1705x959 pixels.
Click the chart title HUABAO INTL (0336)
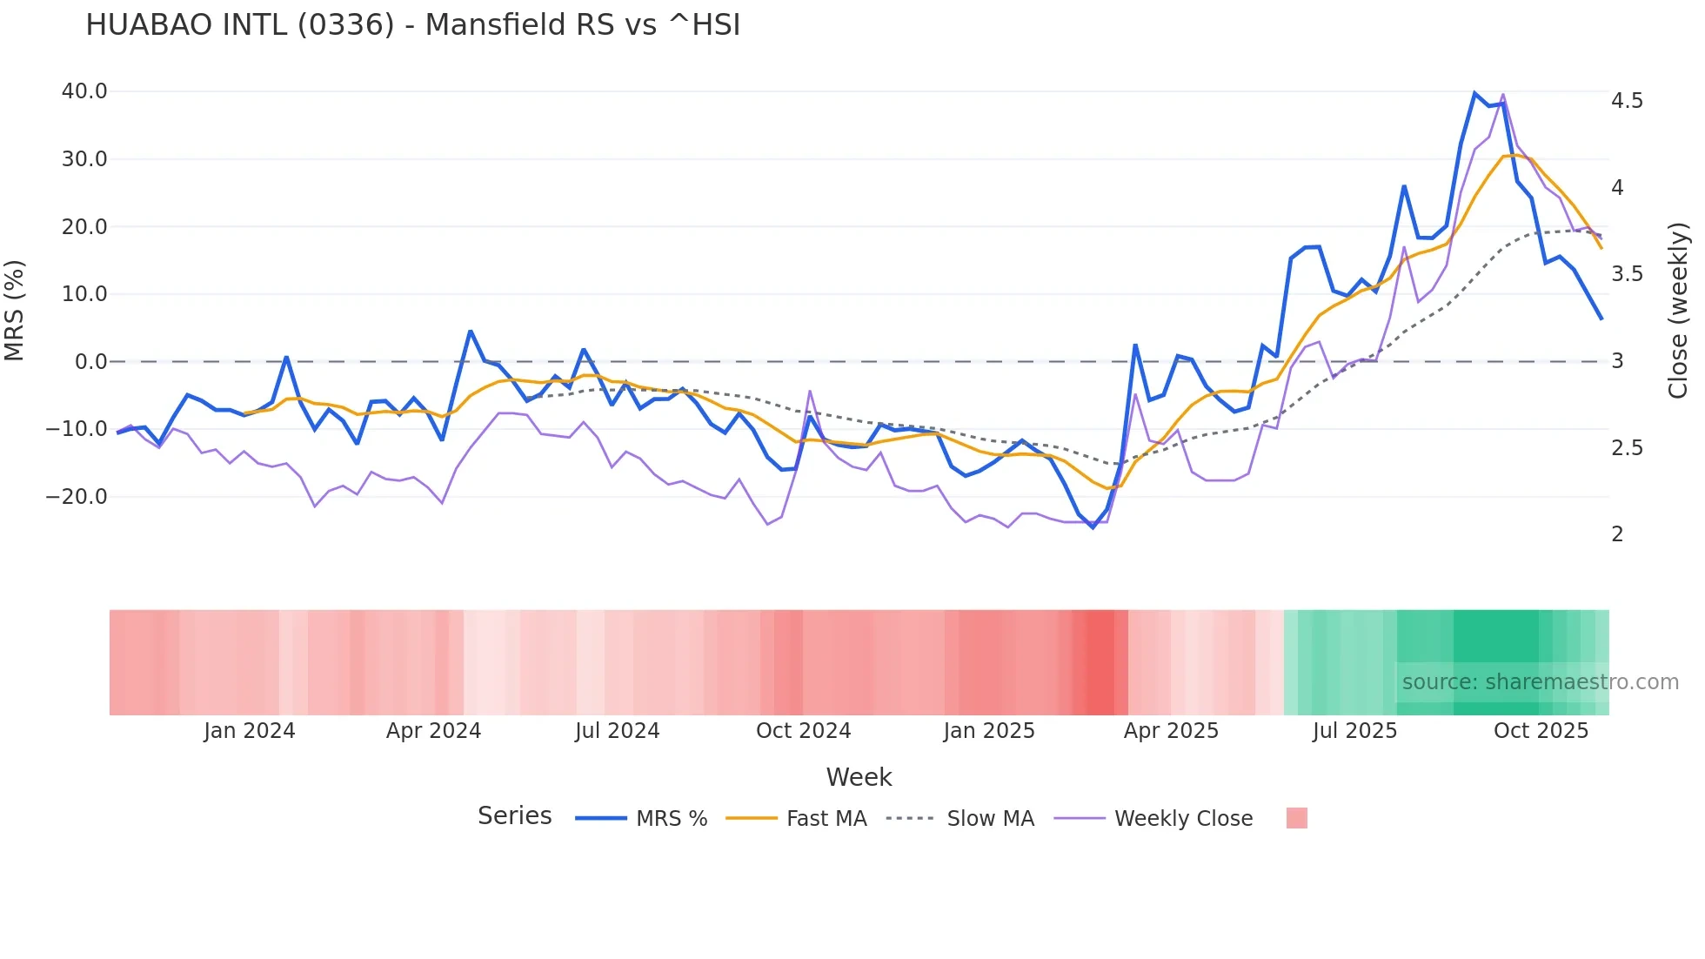[412, 25]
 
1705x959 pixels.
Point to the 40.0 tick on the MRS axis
[84, 91]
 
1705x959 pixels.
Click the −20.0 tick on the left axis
[77, 497]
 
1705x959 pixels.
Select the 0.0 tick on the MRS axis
[91, 362]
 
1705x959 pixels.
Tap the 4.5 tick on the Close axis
[1627, 101]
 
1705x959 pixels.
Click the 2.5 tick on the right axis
[1627, 448]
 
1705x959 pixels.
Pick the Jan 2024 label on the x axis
[250, 731]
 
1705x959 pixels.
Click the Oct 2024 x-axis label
[803, 731]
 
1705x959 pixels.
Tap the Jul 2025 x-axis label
[1354, 731]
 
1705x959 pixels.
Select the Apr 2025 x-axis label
[1171, 731]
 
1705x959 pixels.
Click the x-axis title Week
[859, 777]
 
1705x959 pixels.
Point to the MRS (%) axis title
[15, 311]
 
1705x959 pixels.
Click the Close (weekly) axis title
[1678, 311]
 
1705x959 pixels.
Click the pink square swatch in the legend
[1296, 818]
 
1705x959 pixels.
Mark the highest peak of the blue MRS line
[1474, 93]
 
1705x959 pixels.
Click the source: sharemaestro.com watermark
[1540, 682]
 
